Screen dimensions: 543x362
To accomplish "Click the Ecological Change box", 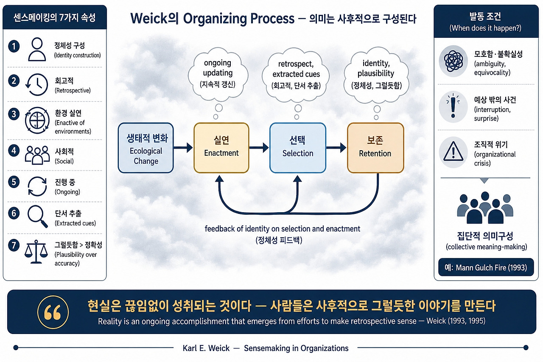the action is click(x=146, y=148).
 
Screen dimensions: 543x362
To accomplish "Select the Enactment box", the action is click(x=221, y=148).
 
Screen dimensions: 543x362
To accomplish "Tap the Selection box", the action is click(x=298, y=148).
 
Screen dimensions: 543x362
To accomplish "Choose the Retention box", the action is click(x=375, y=148).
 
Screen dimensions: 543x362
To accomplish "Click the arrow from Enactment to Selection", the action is click(x=259, y=147).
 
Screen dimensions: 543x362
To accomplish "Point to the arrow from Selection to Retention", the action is click(x=336, y=147).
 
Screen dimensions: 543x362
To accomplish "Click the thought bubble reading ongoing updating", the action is click(x=218, y=74).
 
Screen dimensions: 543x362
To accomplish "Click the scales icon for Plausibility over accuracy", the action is click(x=36, y=252).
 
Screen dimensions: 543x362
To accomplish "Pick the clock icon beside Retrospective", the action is click(x=37, y=84).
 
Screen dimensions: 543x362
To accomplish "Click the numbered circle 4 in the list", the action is click(x=14, y=151).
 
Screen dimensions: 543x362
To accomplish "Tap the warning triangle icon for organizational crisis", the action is click(x=453, y=152).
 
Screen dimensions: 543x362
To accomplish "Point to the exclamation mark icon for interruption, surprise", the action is click(x=453, y=107).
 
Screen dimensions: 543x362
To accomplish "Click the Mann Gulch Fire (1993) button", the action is click(x=486, y=267).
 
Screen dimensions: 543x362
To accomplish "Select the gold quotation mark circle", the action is click(x=53, y=311).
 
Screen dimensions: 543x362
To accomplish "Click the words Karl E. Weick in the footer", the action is click(x=206, y=348).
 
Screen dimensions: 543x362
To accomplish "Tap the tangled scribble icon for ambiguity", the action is click(x=453, y=61).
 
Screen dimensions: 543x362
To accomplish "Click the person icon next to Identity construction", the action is click(x=37, y=49).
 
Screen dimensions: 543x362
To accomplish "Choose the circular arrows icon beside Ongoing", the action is click(x=37, y=186).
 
